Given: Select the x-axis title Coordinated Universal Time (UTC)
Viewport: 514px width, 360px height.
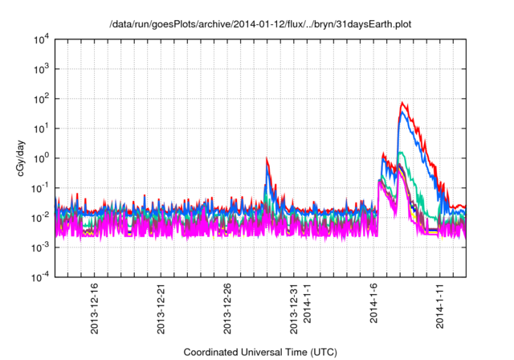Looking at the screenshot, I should click(260, 352).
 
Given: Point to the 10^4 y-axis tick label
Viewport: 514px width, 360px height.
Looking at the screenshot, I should click(40, 39).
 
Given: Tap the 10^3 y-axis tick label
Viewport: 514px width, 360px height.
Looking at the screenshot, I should click(40, 69).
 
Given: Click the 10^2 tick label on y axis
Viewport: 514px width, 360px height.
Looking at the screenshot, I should click(40, 99).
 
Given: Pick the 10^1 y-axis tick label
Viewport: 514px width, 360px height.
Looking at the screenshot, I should click(40, 128).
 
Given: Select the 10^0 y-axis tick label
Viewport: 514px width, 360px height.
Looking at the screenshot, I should click(40, 157).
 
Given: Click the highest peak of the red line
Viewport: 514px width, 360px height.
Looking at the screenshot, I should click(402, 103).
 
